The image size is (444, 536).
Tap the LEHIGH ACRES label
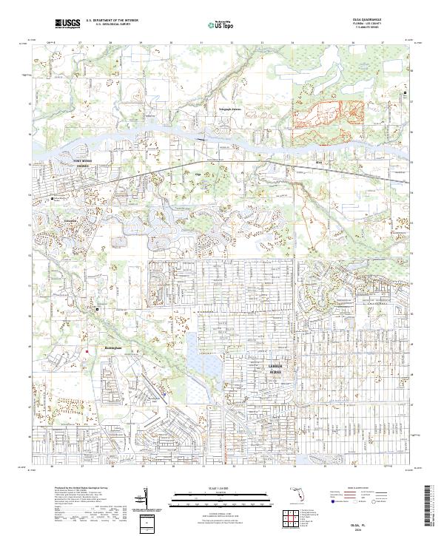(275, 369)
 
